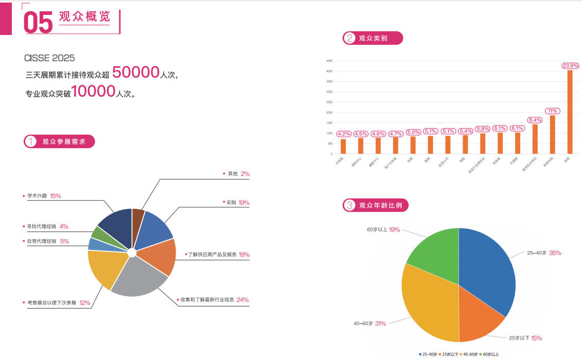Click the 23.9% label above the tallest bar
click(570, 66)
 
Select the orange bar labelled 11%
click(552, 134)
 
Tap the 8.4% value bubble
click(535, 120)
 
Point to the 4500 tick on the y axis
click(329, 61)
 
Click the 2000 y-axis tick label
click(329, 112)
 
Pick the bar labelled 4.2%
click(343, 146)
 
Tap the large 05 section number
click(38, 23)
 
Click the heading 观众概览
click(84, 17)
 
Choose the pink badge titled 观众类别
click(373, 38)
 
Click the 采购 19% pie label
click(237, 203)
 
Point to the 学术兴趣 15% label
click(44, 196)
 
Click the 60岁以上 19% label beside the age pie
click(383, 229)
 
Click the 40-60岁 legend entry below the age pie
click(470, 354)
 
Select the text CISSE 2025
click(49, 58)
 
